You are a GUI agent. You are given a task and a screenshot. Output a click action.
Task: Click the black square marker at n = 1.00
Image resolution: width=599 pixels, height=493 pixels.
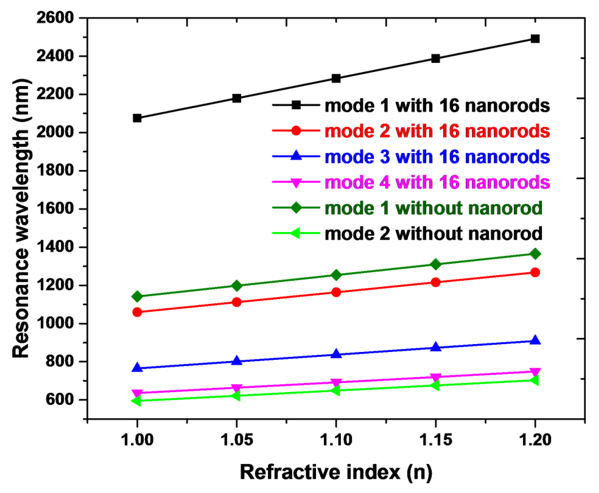point(137,118)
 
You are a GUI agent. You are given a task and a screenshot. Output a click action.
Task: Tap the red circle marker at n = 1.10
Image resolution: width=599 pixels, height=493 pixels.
point(336,292)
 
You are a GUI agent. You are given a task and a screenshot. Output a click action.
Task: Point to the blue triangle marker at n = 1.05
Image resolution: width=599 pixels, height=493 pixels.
point(237,361)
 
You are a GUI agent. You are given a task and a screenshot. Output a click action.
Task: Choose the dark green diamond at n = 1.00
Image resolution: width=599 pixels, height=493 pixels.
point(137,296)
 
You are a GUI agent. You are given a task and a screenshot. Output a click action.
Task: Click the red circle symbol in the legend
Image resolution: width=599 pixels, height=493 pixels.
point(296,131)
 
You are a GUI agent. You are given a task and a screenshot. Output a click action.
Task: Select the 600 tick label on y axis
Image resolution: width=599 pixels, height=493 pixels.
point(60,399)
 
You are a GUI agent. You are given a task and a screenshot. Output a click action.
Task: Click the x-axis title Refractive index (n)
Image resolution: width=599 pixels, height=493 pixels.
point(336,472)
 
